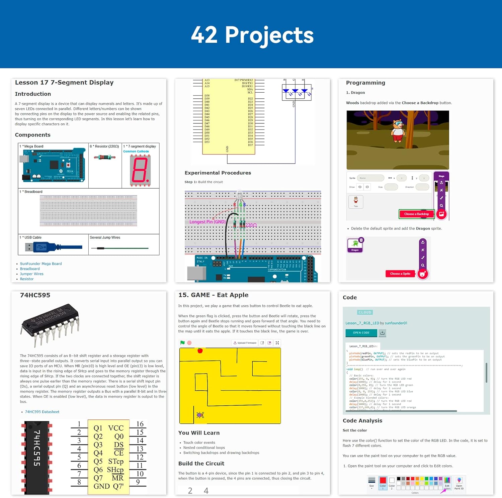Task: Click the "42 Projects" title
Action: [252, 35]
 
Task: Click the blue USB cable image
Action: [53, 247]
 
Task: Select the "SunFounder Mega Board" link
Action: [41, 264]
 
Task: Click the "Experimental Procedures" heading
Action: [218, 173]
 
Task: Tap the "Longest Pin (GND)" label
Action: [207, 222]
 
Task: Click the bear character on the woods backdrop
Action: [398, 131]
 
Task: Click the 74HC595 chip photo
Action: [50, 323]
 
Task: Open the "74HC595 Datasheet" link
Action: [42, 412]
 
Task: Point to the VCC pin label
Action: [116, 428]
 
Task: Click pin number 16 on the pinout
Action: [140, 424]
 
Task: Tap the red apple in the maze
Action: [200, 351]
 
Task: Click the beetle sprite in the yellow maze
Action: [200, 415]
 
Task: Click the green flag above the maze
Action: [182, 343]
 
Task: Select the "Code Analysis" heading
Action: [362, 421]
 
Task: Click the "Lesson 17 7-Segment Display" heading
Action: [64, 83]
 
